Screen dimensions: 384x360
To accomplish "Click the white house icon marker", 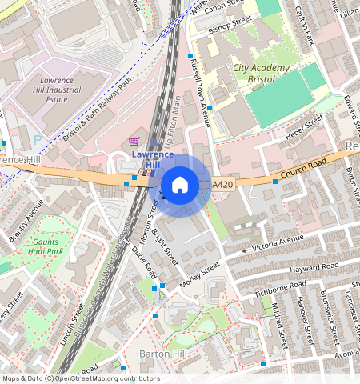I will click(180, 185).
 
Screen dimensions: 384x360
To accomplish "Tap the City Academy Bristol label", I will click(261, 74).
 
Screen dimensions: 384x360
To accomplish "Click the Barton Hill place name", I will click(164, 353).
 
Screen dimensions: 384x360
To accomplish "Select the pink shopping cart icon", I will click(134, 140).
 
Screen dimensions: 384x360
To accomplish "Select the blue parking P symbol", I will click(38, 139).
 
